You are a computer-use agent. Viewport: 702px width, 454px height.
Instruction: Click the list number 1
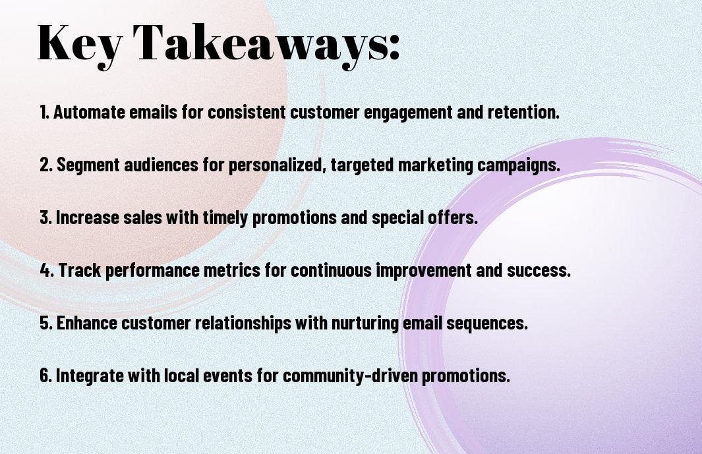pyautogui.click(x=44, y=112)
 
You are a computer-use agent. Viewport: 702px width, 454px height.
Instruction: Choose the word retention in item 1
pyautogui.click(x=524, y=112)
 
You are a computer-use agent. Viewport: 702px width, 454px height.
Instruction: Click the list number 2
pyautogui.click(x=45, y=165)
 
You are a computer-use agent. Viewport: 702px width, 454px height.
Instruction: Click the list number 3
pyautogui.click(x=45, y=217)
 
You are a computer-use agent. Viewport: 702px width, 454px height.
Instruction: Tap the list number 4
pyautogui.click(x=47, y=270)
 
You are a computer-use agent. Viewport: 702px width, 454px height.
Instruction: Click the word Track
pyautogui.click(x=80, y=270)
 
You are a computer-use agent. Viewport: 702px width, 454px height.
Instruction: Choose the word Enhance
pyautogui.click(x=87, y=323)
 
